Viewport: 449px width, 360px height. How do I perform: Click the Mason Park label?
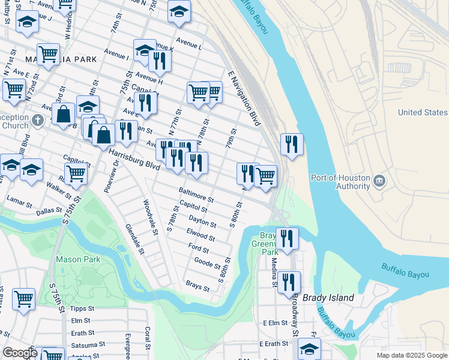pos(78,259)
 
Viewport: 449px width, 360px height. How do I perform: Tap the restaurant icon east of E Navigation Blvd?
pos(292,144)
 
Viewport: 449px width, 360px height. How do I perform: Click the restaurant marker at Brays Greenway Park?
pos(287,238)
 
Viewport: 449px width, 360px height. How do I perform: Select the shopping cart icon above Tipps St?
pos(23,298)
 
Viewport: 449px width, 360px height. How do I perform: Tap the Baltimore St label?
pos(196,194)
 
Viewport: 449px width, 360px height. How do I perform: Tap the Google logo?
pos(20,353)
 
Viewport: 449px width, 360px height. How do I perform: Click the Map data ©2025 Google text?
pos(412,355)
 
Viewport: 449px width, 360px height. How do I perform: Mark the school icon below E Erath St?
pos(309,348)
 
